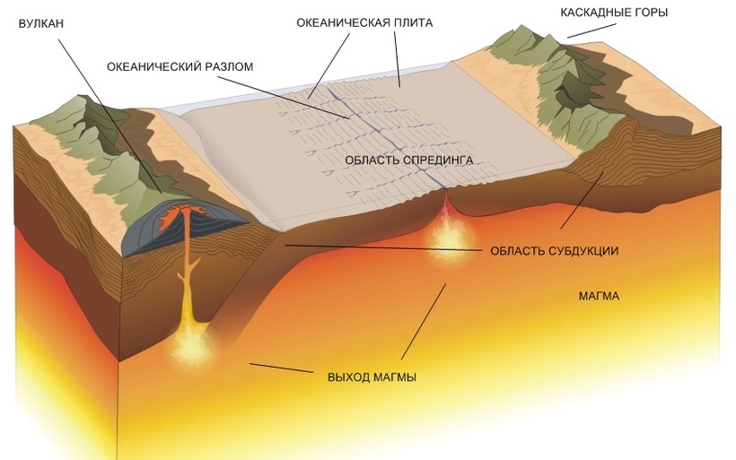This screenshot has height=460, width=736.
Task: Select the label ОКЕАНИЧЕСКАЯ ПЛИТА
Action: click(x=364, y=22)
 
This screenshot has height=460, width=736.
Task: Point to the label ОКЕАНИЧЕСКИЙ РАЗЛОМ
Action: click(x=180, y=66)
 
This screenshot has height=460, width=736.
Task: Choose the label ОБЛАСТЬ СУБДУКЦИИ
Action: click(x=555, y=250)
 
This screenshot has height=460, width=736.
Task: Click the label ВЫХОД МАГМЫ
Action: click(x=372, y=376)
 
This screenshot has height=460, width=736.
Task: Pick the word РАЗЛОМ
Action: click(x=227, y=66)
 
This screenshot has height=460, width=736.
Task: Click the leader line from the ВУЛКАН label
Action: click(x=108, y=108)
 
